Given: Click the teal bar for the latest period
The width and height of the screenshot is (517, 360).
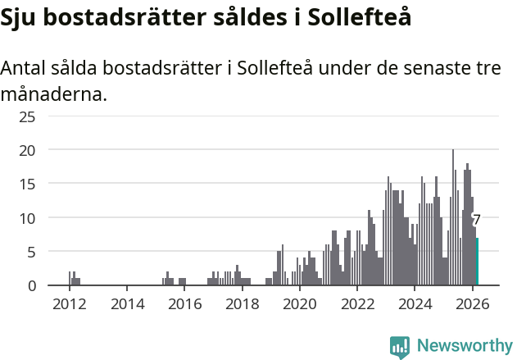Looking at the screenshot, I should tap(477, 262).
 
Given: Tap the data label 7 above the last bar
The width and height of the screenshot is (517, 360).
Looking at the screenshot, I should tap(476, 220).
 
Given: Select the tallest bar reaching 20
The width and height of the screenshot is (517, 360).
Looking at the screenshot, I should tap(453, 217).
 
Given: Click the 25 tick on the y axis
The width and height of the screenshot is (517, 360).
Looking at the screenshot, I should tap(27, 116).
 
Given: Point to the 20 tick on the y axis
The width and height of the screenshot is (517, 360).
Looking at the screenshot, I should tap(27, 150).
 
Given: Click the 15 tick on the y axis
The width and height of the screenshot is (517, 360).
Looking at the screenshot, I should tap(27, 185).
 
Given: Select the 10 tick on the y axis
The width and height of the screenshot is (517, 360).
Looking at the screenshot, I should tap(27, 218).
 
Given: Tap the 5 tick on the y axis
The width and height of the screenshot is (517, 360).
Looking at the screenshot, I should tap(31, 252).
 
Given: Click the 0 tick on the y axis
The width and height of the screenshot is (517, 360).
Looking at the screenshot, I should tap(31, 285).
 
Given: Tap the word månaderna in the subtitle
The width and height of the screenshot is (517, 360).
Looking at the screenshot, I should tap(54, 94).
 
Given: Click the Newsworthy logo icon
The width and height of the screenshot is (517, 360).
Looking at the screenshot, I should tap(400, 347).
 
